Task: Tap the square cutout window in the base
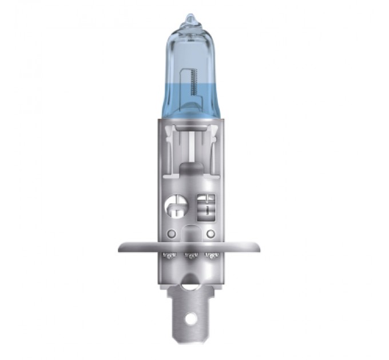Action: tap(205, 205)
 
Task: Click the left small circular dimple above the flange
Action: tap(172, 233)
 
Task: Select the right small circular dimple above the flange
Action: tap(210, 233)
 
